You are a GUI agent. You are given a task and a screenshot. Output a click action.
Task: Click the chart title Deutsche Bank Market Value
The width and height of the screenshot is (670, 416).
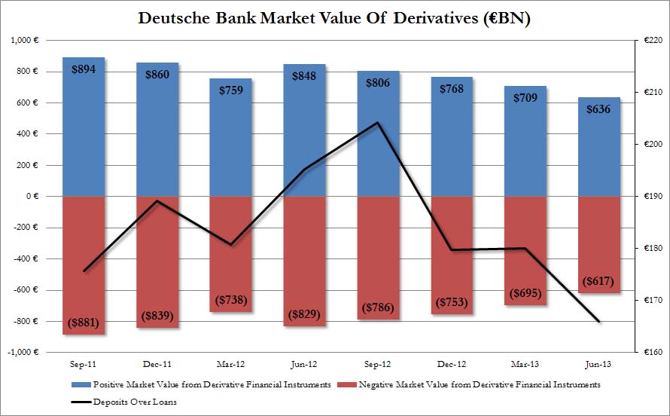tap(335, 18)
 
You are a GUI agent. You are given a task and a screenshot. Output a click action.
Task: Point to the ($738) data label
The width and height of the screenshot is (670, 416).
tap(230, 300)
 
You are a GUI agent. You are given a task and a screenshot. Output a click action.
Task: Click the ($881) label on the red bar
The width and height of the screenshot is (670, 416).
tap(84, 323)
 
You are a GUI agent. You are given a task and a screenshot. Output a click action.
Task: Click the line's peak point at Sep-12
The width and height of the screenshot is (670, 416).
tap(378, 123)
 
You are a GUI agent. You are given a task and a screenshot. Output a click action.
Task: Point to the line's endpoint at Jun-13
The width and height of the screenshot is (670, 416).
tap(598, 322)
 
